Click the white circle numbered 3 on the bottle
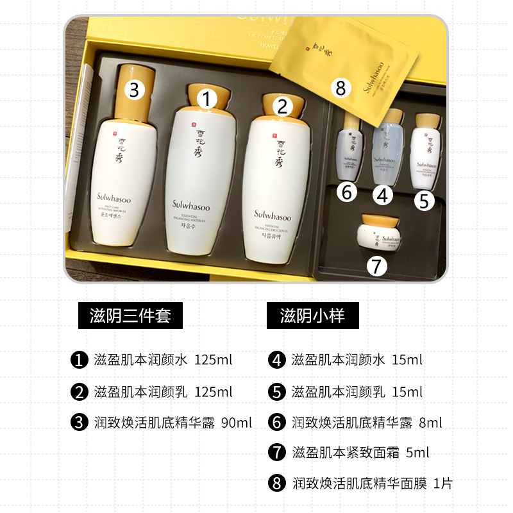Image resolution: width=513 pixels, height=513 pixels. pos(133,90)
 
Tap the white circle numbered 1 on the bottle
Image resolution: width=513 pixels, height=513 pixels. pos(206,99)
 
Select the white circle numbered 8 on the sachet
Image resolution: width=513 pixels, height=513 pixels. pos(341,88)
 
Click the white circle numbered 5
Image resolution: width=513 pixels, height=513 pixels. pos(423,201)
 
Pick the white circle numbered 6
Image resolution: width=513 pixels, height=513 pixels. pos(346,192)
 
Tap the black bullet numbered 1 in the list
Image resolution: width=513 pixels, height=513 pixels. pos(80,360)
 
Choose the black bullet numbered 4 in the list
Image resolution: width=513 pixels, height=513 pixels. pos(277,360)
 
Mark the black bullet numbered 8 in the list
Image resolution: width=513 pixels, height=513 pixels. pos(277,483)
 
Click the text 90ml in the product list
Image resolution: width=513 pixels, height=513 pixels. pos(236,423)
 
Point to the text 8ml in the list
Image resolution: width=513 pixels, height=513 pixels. pos(430,423)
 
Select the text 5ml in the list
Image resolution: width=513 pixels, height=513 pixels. pos(417,453)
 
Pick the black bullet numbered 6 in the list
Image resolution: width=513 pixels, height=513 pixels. pos(277,423)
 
